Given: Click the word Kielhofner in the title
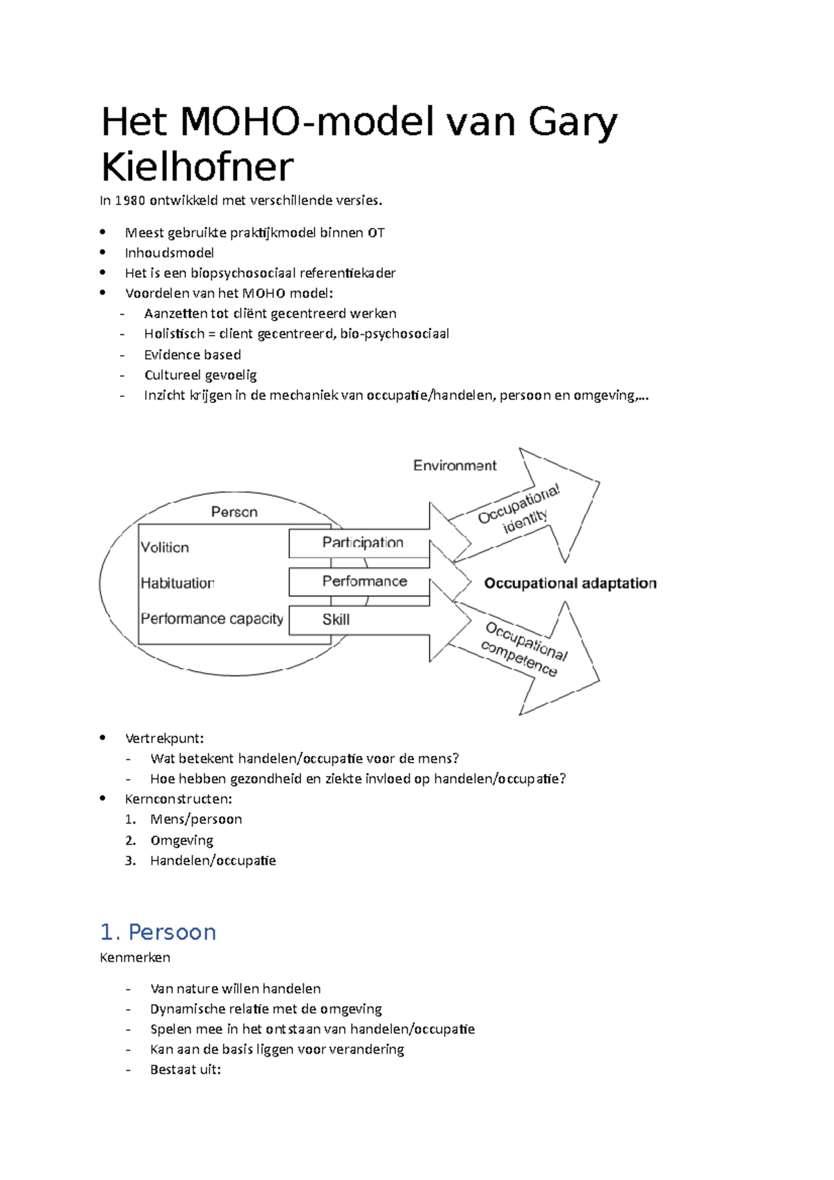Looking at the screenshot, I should pyautogui.click(x=197, y=167).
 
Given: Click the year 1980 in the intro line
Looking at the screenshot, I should pyautogui.click(x=130, y=201).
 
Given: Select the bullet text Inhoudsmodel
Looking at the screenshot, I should pyautogui.click(x=170, y=253).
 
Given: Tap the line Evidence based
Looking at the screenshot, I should pyautogui.click(x=193, y=354).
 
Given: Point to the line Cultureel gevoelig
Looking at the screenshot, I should pyautogui.click(x=200, y=375).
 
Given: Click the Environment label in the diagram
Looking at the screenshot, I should pyautogui.click(x=455, y=466).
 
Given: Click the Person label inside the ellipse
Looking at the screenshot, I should pyautogui.click(x=234, y=512).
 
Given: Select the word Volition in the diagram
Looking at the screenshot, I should pyautogui.click(x=165, y=548).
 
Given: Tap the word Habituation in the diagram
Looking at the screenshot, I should pyautogui.click(x=177, y=583).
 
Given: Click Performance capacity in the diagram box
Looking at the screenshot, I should pyautogui.click(x=212, y=618).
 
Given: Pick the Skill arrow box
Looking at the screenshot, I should pyautogui.click(x=336, y=620).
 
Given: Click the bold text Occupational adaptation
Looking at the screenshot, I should pyautogui.click(x=570, y=583).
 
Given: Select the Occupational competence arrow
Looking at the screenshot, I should pyautogui.click(x=525, y=650).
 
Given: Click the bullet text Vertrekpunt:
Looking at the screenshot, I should pyautogui.click(x=165, y=738).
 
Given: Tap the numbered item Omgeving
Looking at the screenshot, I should pyautogui.click(x=181, y=840).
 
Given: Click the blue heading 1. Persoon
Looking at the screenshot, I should pyautogui.click(x=158, y=932).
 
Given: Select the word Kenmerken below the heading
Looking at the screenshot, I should pyautogui.click(x=135, y=958).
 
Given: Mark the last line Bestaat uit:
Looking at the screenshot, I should pyautogui.click(x=186, y=1070).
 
